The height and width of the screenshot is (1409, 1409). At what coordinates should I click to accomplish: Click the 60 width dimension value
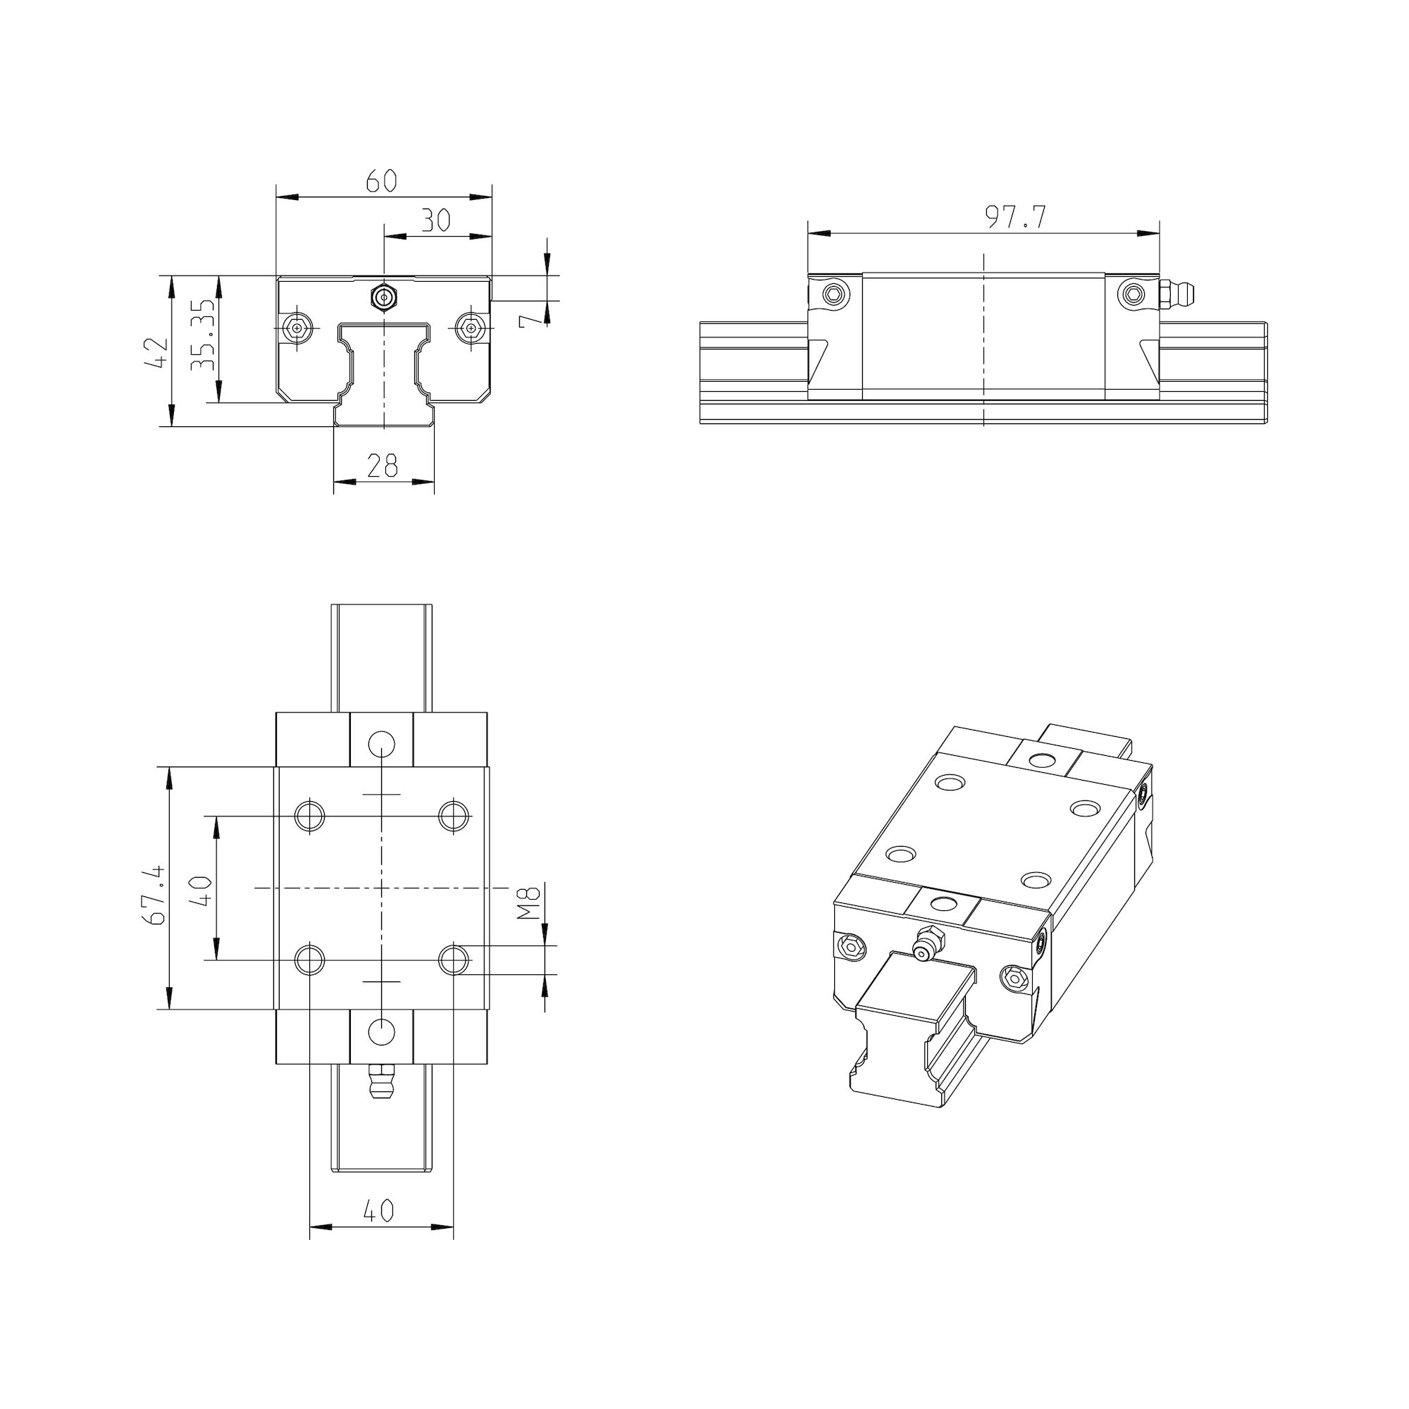[x=381, y=180]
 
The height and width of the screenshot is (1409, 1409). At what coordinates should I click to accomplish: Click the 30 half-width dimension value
[x=436, y=220]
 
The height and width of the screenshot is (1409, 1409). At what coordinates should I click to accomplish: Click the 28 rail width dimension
[x=383, y=465]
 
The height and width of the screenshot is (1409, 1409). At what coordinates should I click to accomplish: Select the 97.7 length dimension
[x=1016, y=217]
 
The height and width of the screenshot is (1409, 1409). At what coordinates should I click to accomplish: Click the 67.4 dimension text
[x=155, y=895]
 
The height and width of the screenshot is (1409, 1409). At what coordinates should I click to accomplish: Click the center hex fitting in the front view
[x=384, y=297]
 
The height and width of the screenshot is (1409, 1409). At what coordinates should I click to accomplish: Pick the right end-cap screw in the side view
[x=1132, y=294]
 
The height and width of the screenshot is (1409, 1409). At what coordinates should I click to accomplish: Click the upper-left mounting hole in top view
[x=310, y=814]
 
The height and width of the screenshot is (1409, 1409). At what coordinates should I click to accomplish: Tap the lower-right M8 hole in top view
[x=454, y=960]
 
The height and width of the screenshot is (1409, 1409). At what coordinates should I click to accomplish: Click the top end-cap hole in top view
[x=381, y=744]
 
